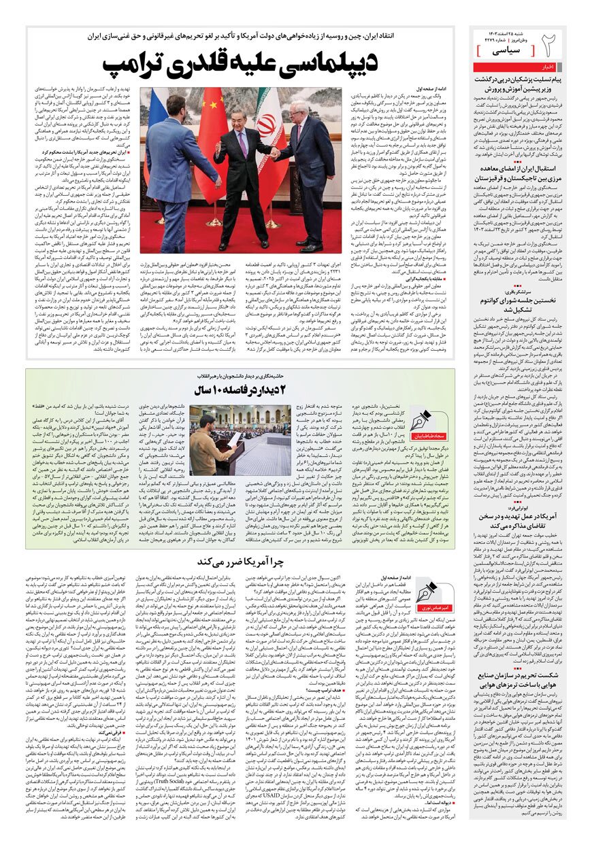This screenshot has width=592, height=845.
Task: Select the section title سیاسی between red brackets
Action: pos(503,50)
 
